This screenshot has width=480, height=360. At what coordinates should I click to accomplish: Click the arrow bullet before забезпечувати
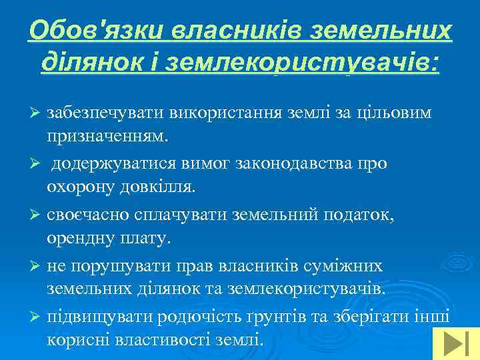coord(37,113)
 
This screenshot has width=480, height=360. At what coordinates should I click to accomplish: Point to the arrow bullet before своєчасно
coord(37,214)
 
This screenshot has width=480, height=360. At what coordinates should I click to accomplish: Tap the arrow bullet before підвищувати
coord(37,316)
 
